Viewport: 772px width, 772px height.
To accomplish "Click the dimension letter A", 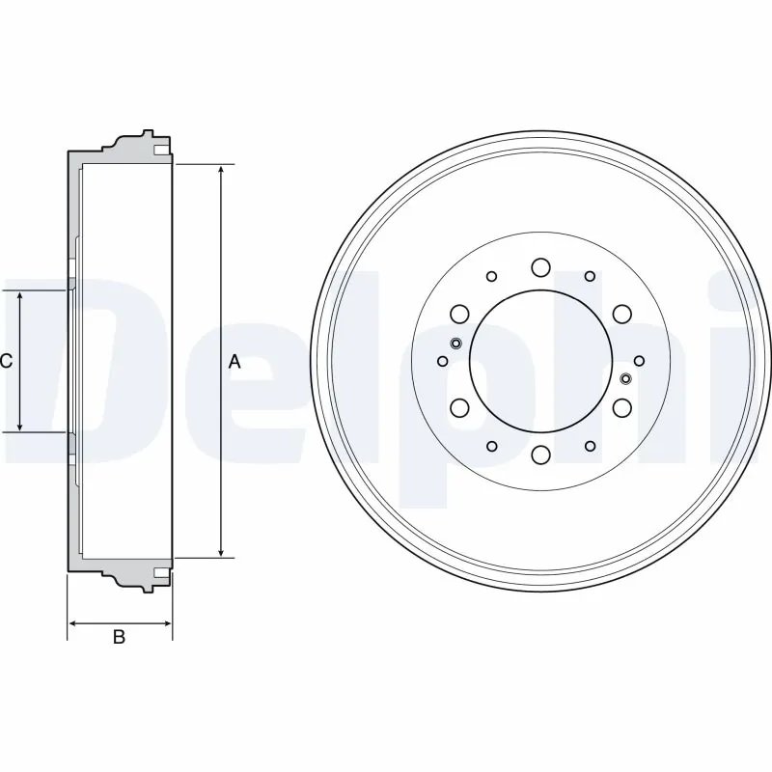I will point(234,362).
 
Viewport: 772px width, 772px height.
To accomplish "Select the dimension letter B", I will point(120,637).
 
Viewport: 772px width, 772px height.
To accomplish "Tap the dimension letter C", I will point(6,362).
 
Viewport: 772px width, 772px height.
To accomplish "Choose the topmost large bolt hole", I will point(540,266).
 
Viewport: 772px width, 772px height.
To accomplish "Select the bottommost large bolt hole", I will point(540,455).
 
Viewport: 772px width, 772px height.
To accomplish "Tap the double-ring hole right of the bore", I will point(625,378).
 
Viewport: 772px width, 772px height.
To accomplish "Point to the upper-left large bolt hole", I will point(459,313).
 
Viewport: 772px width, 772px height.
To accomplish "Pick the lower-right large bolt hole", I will point(621,407).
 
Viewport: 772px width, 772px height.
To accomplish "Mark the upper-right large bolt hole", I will point(621,313).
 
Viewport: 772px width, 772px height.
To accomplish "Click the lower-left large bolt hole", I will point(459,407).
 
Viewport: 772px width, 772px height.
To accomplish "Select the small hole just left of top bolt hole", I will point(492,276).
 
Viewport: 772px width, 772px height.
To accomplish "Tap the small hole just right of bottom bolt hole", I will point(590,446).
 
